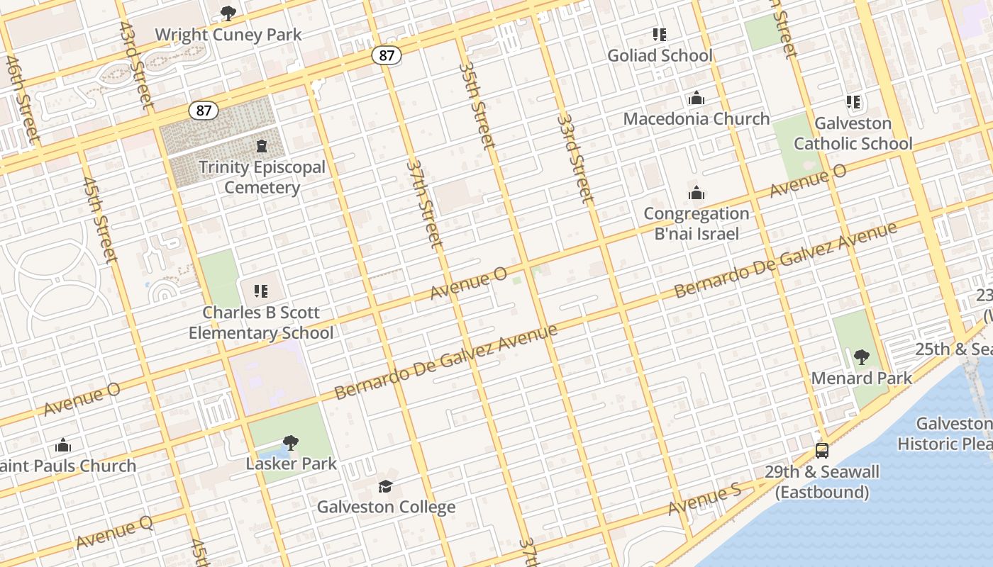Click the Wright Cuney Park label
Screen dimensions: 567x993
click(228, 35)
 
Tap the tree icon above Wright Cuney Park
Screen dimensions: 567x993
click(228, 13)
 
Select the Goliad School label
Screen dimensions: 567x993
click(660, 55)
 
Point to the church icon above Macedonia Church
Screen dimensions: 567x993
click(697, 98)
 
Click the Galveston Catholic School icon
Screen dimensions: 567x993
click(853, 102)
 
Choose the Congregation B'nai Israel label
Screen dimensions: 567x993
click(696, 223)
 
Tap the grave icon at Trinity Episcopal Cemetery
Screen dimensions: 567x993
click(262, 147)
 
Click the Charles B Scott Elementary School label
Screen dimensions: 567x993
click(261, 322)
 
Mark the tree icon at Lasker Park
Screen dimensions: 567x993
click(290, 443)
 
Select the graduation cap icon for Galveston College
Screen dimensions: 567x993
click(385, 486)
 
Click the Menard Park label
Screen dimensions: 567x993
click(861, 378)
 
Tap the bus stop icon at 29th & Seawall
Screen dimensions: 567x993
click(822, 450)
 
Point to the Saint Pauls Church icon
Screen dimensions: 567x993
click(63, 445)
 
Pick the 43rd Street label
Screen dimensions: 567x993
click(136, 66)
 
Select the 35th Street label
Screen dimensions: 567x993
click(476, 105)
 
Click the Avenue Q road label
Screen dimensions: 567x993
click(114, 533)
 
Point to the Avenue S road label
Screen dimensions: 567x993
click(704, 500)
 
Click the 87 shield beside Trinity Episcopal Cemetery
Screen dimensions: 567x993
click(204, 111)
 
